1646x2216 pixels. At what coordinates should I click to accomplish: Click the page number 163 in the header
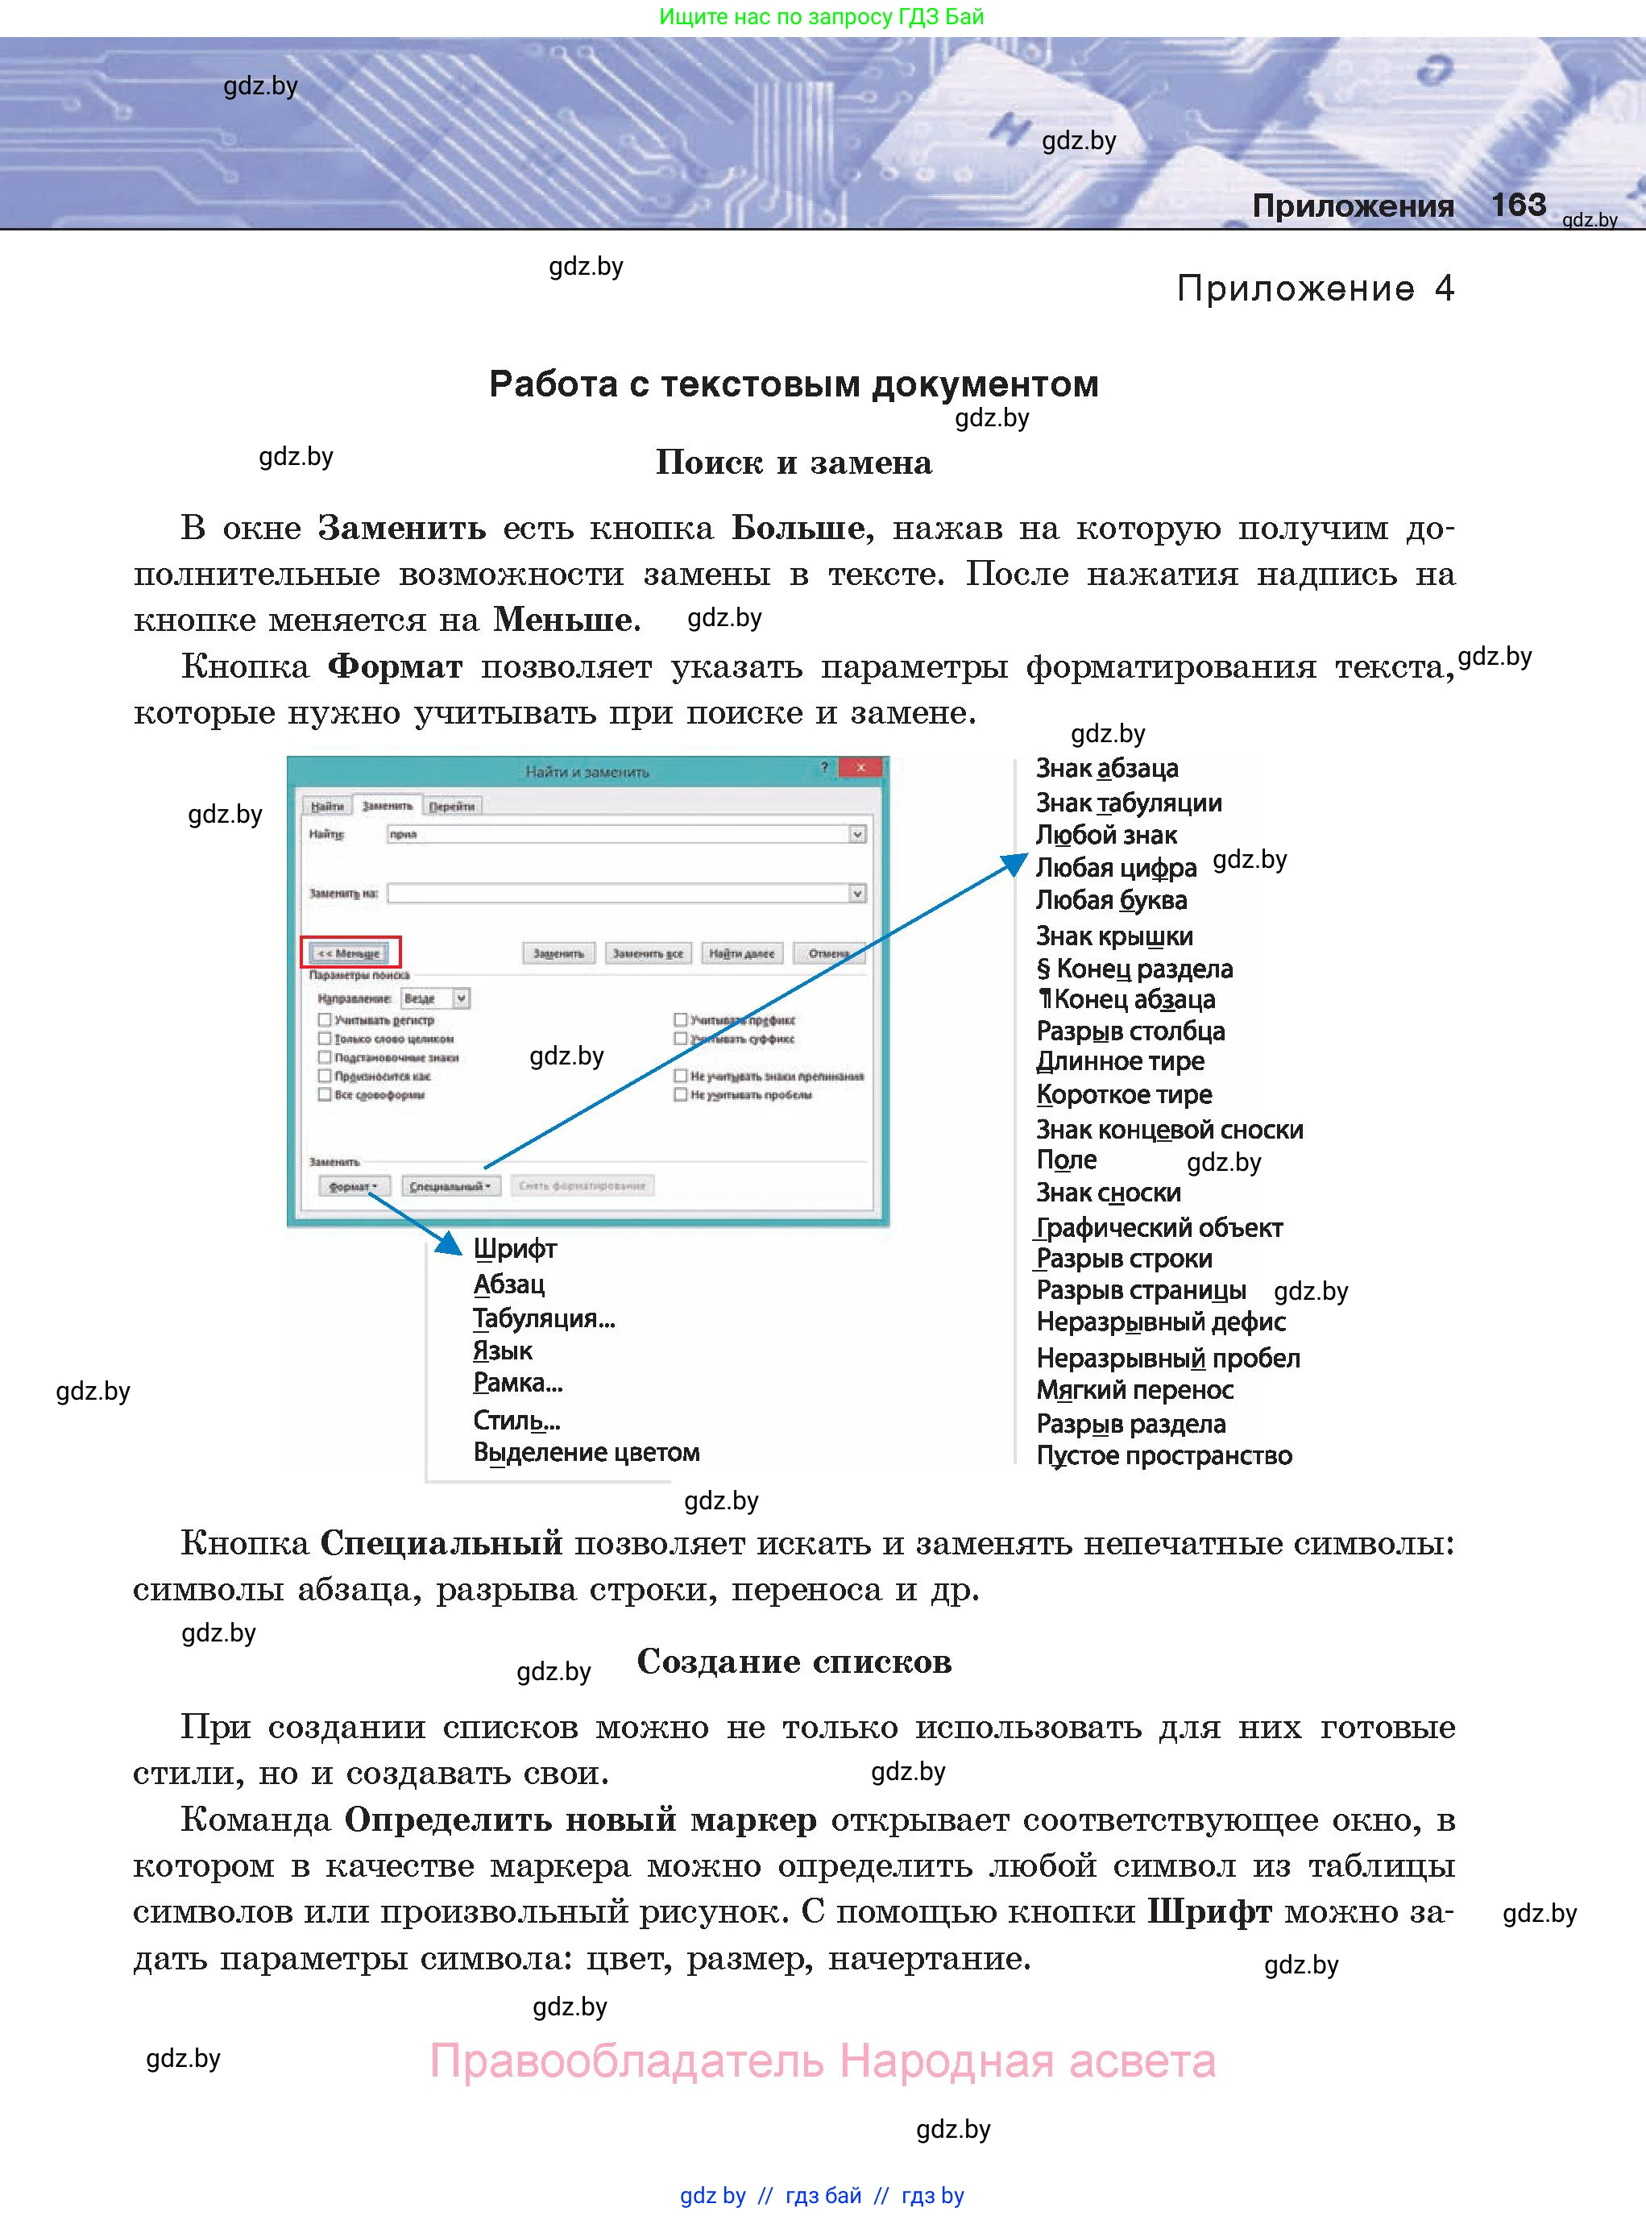point(1517,205)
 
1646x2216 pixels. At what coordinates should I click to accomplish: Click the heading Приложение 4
point(1314,289)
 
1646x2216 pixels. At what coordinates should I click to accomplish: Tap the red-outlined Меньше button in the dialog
point(350,952)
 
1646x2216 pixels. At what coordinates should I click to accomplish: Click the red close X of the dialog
point(860,767)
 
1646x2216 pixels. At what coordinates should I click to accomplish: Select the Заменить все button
point(647,953)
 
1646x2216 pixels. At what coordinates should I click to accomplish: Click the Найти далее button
point(740,953)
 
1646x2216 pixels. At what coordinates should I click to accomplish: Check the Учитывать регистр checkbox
point(325,1019)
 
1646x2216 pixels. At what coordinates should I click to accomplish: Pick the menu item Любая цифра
point(1115,868)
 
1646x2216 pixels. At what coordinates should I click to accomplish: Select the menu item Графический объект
point(1159,1227)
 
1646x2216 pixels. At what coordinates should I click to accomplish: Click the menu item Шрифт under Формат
point(514,1248)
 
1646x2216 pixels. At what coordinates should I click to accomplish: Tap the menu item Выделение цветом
point(586,1453)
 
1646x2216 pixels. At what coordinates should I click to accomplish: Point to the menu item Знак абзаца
point(1106,768)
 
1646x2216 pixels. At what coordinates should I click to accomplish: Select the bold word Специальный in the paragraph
point(441,1543)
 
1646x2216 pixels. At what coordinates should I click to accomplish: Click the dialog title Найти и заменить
point(587,771)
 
